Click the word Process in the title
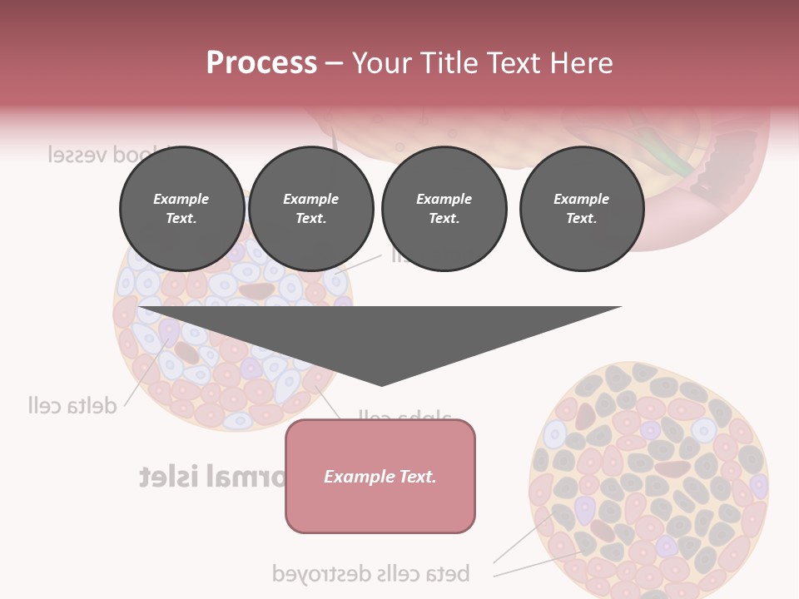(x=261, y=62)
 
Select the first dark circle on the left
(x=182, y=209)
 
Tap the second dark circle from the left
(x=311, y=209)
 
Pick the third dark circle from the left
(x=444, y=209)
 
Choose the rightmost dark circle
(x=582, y=209)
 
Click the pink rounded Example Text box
(x=380, y=476)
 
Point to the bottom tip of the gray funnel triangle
(x=381, y=384)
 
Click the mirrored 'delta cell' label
(x=72, y=405)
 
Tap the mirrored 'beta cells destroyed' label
(x=371, y=573)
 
